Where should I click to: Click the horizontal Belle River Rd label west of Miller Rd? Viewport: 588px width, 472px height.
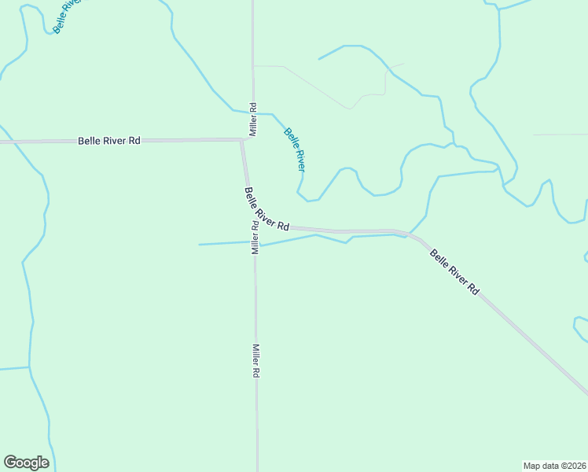pos(109,141)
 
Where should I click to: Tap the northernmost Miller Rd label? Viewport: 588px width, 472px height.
pos(253,119)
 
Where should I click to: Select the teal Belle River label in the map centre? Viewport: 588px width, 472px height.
pos(295,149)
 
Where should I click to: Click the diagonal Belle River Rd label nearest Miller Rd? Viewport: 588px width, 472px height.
pos(266,208)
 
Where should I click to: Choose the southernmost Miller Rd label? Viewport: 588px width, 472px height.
pos(255,360)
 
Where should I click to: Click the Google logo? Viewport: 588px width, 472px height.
pos(26,463)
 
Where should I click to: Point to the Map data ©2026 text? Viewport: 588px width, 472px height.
pos(554,465)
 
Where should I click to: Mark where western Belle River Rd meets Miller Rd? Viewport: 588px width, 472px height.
pos(242,140)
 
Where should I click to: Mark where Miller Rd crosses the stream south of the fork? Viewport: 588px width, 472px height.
pos(255,245)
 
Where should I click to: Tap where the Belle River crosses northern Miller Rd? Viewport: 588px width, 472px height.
pos(253,112)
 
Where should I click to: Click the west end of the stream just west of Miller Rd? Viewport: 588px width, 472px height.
pos(199,245)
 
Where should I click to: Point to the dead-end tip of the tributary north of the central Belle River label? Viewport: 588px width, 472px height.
pos(318,59)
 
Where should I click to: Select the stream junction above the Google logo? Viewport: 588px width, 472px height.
pos(29,367)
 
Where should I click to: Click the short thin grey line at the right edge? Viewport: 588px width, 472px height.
pos(560,135)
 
